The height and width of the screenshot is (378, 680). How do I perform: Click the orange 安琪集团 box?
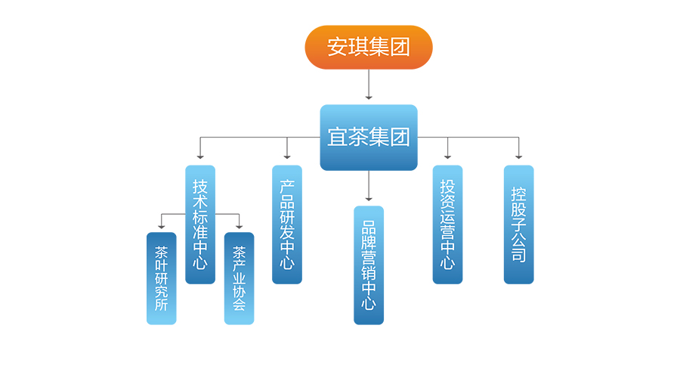coord(368,47)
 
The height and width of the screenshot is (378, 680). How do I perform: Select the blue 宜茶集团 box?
coord(368,138)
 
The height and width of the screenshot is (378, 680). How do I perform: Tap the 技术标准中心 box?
coord(200,225)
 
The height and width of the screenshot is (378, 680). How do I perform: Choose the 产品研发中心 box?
coord(287,225)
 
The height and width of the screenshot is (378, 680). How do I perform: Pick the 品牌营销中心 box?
coord(369,265)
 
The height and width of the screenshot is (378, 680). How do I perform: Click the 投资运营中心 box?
coord(447,225)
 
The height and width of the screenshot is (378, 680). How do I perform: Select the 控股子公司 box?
coord(518,225)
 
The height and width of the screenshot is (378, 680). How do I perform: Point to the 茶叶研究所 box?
coord(161,278)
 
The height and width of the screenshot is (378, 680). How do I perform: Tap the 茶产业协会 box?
coord(240,278)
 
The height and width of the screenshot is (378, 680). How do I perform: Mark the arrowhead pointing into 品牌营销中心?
coord(369,199)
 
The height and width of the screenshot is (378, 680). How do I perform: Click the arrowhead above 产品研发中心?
coord(287,156)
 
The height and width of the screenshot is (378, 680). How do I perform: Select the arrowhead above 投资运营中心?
coord(447,156)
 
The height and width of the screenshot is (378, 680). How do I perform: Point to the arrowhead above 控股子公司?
coord(518,156)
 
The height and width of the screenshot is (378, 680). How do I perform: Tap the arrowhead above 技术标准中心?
coord(200,156)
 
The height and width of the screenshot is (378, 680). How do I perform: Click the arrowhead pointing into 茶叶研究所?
coord(161,226)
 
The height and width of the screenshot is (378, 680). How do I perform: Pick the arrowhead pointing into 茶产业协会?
coord(240,226)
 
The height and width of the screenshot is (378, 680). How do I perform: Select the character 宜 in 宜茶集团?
coord(337,138)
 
